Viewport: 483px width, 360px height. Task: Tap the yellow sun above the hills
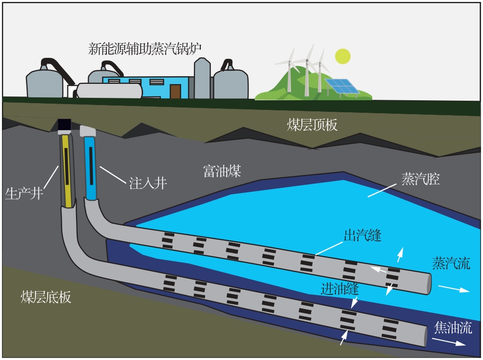pos(342,56)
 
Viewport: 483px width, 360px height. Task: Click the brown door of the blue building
pos(175,92)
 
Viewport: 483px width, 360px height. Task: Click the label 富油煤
pos(222,171)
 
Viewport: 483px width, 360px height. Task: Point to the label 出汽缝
pos(362,236)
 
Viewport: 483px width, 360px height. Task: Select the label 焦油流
pos(453,328)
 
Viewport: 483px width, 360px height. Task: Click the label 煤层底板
pos(46,296)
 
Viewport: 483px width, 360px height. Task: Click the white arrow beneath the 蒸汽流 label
pos(453,289)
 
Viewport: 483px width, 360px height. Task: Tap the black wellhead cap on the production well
pos(65,125)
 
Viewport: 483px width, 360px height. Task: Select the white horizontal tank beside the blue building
pos(110,90)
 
